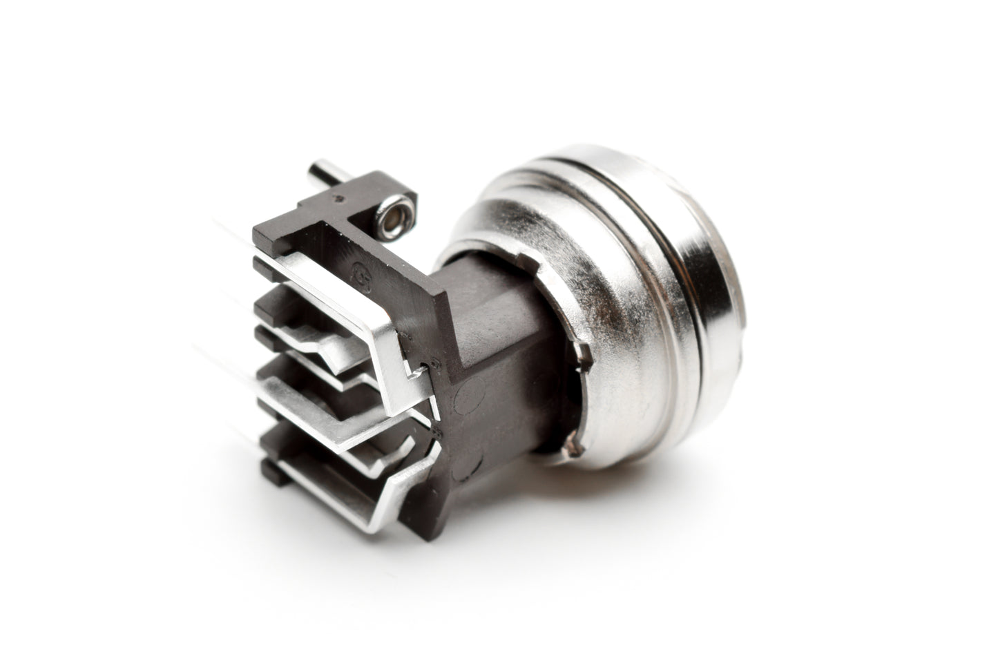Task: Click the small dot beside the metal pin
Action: click(x=338, y=199)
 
